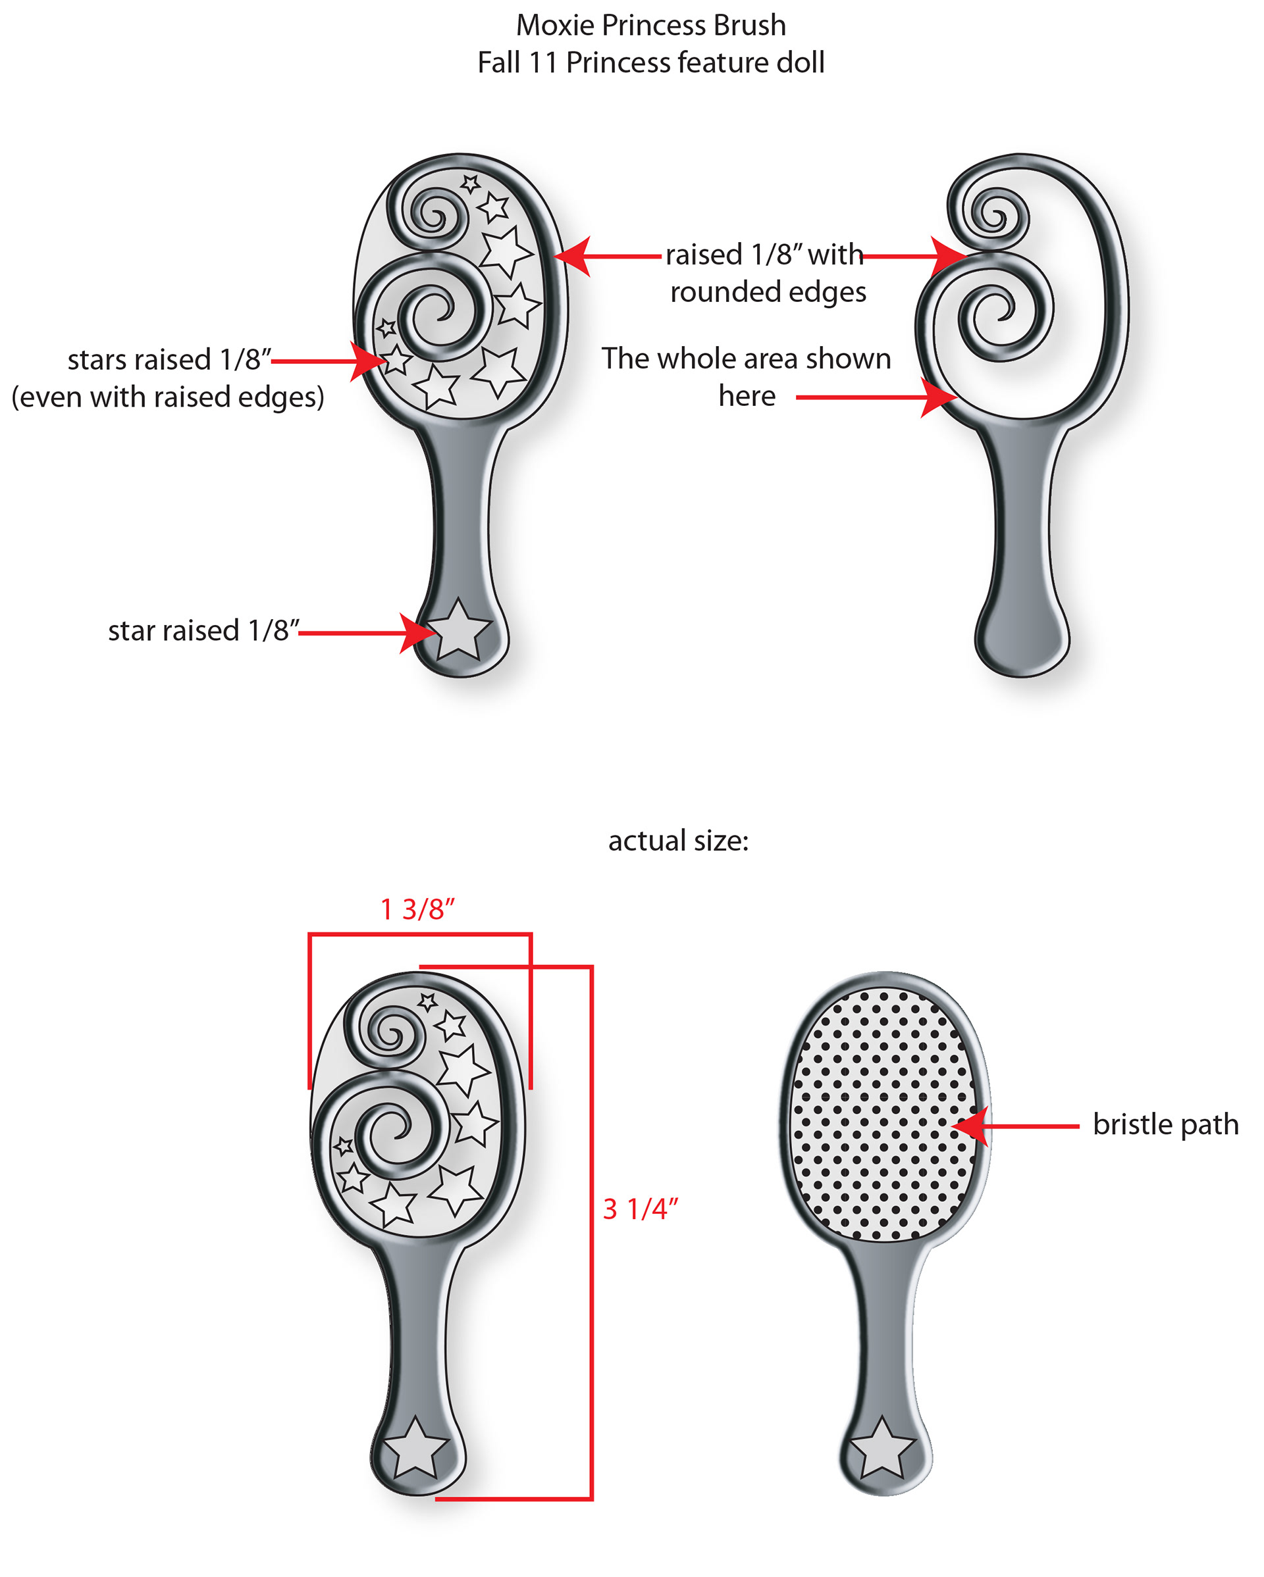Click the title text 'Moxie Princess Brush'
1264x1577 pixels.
click(x=650, y=26)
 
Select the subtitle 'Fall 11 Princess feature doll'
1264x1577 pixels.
click(x=650, y=63)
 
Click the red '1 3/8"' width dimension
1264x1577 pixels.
click(x=417, y=909)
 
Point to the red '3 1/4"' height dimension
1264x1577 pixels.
click(x=641, y=1209)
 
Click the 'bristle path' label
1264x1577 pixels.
click(x=1165, y=1124)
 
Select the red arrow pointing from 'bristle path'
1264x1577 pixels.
click(x=1017, y=1126)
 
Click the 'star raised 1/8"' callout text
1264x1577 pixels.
click(x=203, y=630)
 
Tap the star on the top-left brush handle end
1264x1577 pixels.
click(x=459, y=630)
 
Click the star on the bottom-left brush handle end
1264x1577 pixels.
click(x=415, y=1448)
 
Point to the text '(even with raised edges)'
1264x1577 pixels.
click(x=168, y=397)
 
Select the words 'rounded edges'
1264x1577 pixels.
click(x=768, y=292)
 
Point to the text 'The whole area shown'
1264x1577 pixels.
click(x=747, y=359)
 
